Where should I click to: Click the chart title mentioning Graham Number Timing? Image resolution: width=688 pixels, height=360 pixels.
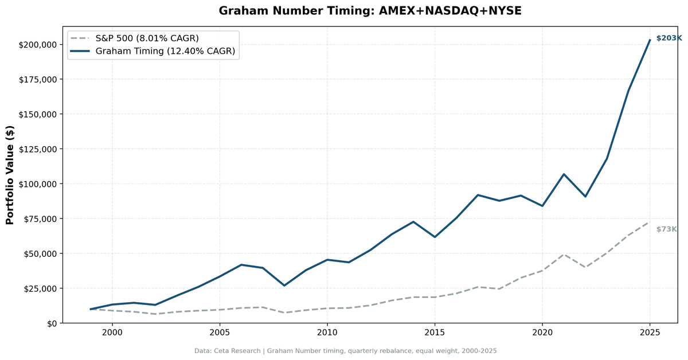tap(370, 11)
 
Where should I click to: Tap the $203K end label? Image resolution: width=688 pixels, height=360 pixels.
tap(669, 38)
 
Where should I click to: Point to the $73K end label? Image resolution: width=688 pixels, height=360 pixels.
tap(666, 229)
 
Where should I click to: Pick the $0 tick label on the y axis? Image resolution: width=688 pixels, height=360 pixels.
tap(52, 323)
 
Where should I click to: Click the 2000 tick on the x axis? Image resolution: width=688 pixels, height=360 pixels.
tap(112, 332)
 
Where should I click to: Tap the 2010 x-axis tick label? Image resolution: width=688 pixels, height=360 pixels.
tap(327, 332)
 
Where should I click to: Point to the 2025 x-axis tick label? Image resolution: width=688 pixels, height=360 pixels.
tap(650, 332)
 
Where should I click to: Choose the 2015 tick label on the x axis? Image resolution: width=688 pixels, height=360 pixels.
tap(435, 332)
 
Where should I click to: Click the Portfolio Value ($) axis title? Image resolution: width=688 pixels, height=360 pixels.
tap(10, 175)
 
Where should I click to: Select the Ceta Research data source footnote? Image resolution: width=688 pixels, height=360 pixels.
tap(345, 351)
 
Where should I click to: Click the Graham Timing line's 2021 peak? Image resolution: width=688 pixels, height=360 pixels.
tap(564, 174)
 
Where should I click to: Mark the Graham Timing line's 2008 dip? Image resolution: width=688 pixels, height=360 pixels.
tap(284, 285)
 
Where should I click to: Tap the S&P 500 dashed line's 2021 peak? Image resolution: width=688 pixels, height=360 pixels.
tap(564, 255)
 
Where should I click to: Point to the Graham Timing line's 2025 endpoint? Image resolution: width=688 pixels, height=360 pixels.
tap(650, 40)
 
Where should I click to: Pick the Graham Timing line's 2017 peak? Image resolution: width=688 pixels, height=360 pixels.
tap(478, 195)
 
